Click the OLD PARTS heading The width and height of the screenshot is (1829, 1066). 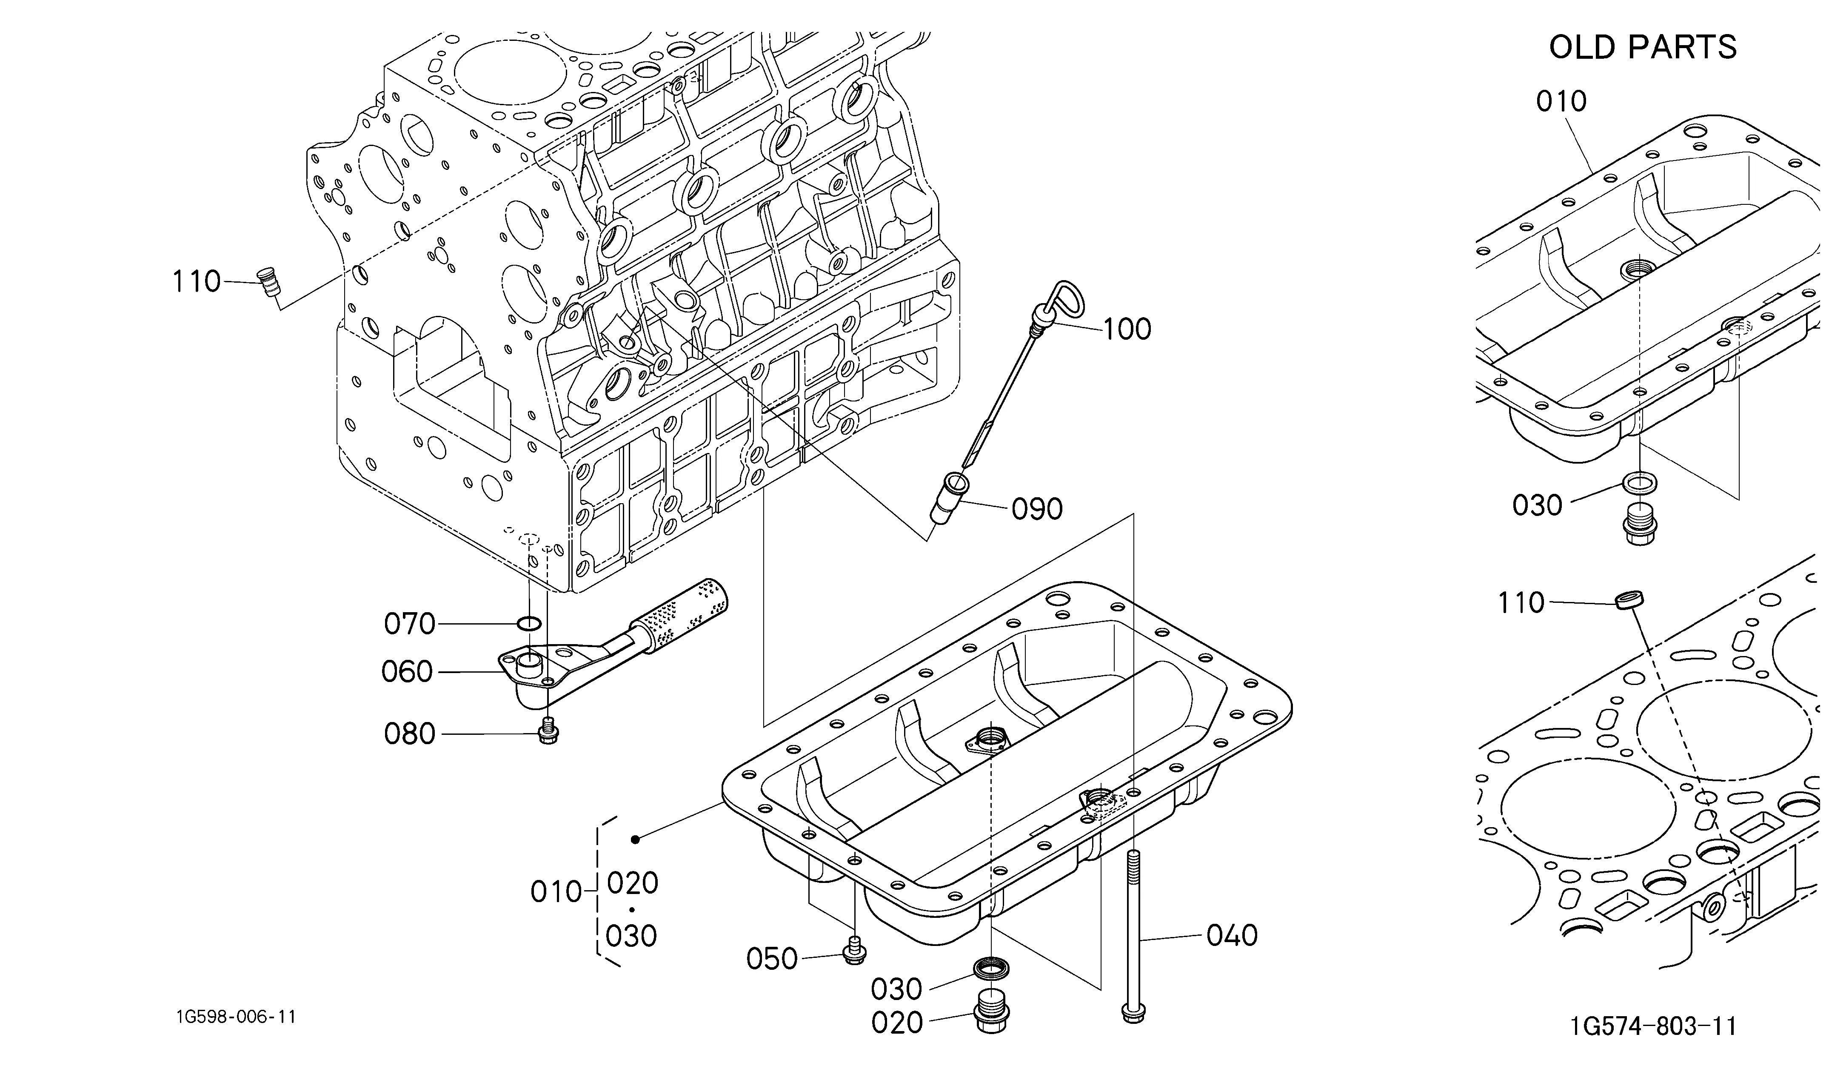[x=1643, y=47]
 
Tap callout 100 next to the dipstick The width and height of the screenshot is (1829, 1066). [x=1127, y=329]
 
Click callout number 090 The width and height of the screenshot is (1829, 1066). [x=1037, y=509]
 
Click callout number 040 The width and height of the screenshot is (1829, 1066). [x=1232, y=935]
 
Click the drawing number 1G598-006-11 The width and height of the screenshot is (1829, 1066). [x=236, y=1017]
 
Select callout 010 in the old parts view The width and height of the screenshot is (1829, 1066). [x=1561, y=101]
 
